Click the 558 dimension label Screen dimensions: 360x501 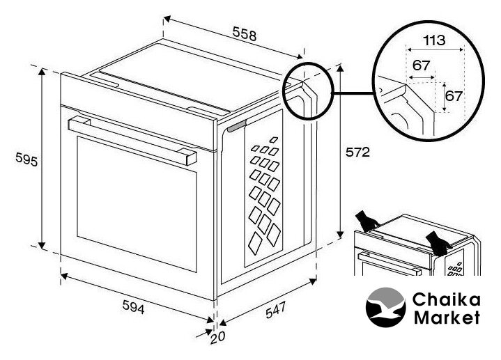244,34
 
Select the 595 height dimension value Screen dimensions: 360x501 26,159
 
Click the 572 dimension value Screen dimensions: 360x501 357,151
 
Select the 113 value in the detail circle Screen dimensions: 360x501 434,40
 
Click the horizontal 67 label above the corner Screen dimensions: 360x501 420,65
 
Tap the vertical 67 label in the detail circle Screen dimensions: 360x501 454,95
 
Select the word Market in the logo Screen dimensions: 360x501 446,318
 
